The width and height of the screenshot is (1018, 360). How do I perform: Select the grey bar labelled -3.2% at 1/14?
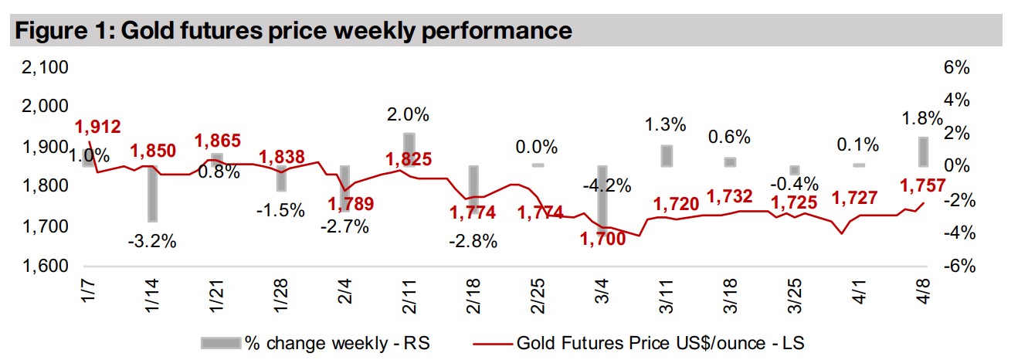pyautogui.click(x=153, y=193)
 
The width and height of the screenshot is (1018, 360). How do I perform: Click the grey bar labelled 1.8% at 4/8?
pyautogui.click(x=923, y=151)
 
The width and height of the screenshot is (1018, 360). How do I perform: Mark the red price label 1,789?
pyautogui.click(x=351, y=205)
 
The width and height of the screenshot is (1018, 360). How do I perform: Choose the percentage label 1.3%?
pyautogui.click(x=666, y=124)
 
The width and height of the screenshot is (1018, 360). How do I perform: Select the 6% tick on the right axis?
pyautogui.click(x=955, y=68)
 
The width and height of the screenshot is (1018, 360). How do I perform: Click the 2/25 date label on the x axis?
pyautogui.click(x=538, y=294)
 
